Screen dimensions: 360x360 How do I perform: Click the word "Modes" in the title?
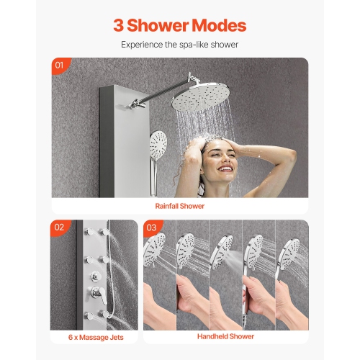point(214,25)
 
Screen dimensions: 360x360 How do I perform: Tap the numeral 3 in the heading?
point(120,25)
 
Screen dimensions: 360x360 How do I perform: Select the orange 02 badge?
point(60,228)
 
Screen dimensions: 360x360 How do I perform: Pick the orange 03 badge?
point(151,228)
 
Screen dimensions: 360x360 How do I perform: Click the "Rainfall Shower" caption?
point(180,206)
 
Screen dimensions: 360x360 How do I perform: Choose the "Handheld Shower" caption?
point(225,336)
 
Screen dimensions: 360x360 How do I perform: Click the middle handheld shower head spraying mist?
point(225,252)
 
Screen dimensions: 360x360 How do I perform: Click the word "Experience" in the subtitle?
point(143,44)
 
